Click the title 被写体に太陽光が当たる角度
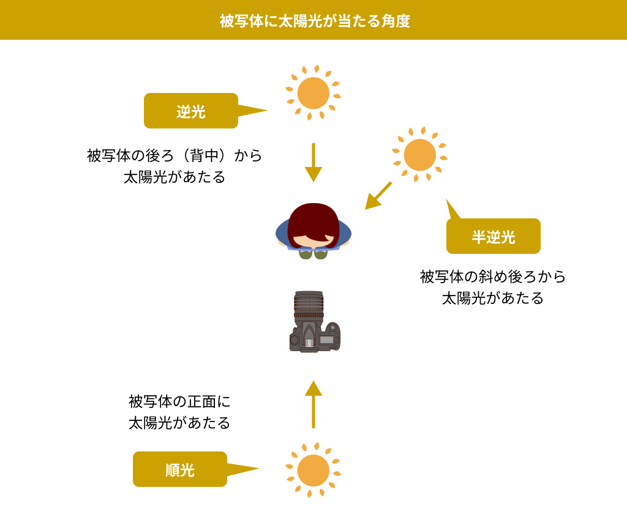coord(315,21)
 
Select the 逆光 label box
coord(191,111)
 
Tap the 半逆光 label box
coord(494,236)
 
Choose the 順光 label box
coord(180,469)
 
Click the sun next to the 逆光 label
coord(313,93)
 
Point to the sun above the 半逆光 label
coord(419,155)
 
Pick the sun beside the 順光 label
coord(313,470)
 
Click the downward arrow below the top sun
coord(313,162)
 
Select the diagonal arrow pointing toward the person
coord(378,196)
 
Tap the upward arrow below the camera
coord(313,404)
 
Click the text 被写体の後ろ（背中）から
coord(175,155)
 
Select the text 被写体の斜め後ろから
coord(493,276)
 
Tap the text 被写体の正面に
coord(179,401)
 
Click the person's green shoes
coord(313,254)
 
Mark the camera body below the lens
coord(315,336)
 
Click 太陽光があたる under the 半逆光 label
coord(493,298)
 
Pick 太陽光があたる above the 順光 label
coord(179,423)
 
